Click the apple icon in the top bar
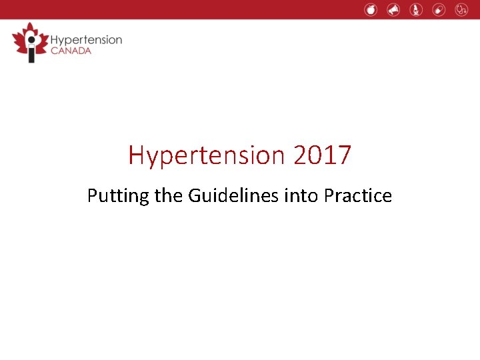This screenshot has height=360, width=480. click(371, 9)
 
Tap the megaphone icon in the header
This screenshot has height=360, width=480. click(393, 9)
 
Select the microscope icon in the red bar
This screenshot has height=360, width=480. click(416, 9)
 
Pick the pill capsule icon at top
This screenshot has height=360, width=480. click(439, 9)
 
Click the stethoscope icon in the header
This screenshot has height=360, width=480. click(461, 9)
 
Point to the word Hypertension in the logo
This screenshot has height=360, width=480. click(86, 39)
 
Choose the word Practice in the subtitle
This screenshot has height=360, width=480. click(358, 196)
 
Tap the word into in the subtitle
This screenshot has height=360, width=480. click(303, 196)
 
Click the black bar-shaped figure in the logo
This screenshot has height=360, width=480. click(30, 51)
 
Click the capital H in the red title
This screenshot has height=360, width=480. click(136, 155)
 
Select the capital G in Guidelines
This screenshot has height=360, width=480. click(195, 196)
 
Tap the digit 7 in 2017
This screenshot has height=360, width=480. click(344, 155)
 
